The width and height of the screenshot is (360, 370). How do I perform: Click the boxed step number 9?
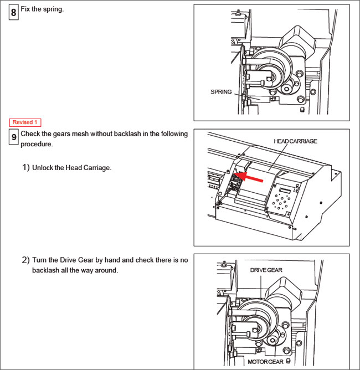point(13,137)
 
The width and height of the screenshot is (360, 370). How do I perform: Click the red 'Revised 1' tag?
point(25,122)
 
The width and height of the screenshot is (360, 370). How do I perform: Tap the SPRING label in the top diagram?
point(221,92)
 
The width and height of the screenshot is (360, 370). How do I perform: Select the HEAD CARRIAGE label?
point(295,141)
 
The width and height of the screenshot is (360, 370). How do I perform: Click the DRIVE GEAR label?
point(266,270)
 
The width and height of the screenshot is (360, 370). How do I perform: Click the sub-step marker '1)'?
point(26,167)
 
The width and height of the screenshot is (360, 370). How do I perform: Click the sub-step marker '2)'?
point(26,260)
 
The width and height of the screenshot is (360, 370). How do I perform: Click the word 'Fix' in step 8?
point(26,9)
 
